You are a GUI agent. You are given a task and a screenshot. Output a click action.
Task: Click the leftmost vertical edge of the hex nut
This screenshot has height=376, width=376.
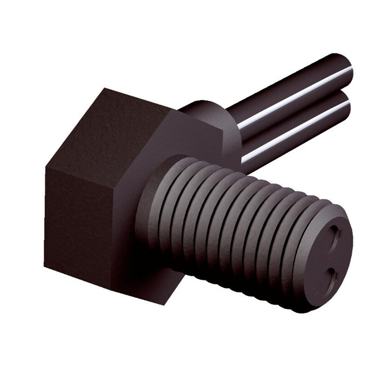click(45, 217)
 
